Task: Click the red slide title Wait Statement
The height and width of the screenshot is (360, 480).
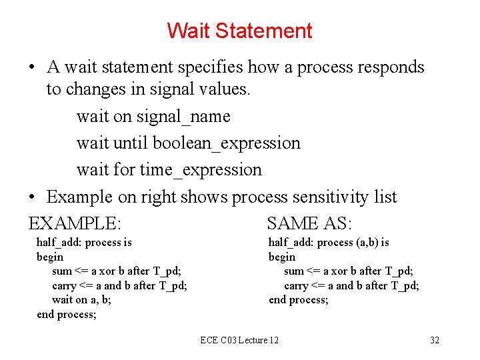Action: click(239, 31)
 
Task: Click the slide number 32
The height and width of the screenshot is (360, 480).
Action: click(435, 340)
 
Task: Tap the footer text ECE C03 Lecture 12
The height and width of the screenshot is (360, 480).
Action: click(239, 340)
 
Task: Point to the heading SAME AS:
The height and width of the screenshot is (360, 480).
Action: click(309, 223)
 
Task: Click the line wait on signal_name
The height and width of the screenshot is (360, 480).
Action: click(153, 117)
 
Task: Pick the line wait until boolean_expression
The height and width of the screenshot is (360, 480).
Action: click(188, 143)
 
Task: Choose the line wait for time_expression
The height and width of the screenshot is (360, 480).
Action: click(169, 170)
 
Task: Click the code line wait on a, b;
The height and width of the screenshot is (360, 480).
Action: click(81, 300)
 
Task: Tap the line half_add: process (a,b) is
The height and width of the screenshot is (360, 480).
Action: click(329, 243)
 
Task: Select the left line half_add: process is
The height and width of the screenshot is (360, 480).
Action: click(84, 243)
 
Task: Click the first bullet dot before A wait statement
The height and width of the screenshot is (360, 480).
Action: click(32, 68)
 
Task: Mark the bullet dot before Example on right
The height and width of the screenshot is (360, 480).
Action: click(32, 198)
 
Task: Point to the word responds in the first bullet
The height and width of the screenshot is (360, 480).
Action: click(391, 67)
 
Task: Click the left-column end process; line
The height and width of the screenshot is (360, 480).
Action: click(67, 314)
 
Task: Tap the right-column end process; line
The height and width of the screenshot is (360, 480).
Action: click(299, 300)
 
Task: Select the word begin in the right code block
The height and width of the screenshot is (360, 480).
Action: click(282, 257)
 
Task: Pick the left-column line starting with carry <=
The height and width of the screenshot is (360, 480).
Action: click(119, 285)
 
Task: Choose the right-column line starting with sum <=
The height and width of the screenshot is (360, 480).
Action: click(349, 271)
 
